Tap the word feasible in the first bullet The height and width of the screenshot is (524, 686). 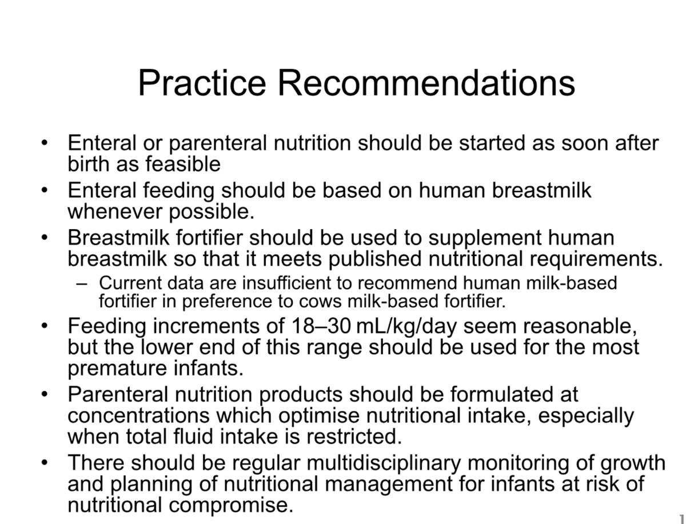click(182, 164)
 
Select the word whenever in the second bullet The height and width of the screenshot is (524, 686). click(115, 211)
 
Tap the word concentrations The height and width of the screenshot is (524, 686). click(138, 416)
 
